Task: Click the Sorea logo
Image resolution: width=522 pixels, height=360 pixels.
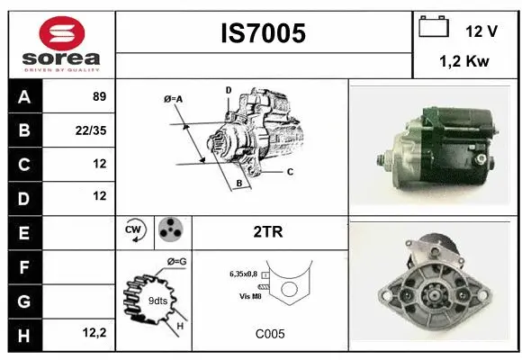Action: pos(62,44)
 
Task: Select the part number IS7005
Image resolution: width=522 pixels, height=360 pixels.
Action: pos(263,33)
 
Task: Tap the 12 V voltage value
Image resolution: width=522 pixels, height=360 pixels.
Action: pos(481,31)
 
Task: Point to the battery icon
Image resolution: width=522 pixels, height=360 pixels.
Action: pos(434,28)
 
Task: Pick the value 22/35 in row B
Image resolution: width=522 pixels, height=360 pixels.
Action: pos(93,131)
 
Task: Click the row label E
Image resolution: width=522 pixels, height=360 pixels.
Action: pos(24,231)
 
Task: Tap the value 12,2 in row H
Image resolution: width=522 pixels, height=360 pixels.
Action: pos(94,332)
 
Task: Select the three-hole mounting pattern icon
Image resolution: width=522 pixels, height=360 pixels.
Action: pos(168,231)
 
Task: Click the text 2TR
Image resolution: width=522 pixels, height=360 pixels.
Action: pos(269,231)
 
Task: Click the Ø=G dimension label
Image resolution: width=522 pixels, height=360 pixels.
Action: pos(175,262)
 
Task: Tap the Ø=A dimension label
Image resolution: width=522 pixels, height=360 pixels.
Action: pos(173,99)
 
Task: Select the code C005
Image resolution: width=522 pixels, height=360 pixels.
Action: pos(269,333)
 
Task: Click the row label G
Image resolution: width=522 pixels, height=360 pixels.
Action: pos(24,299)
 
